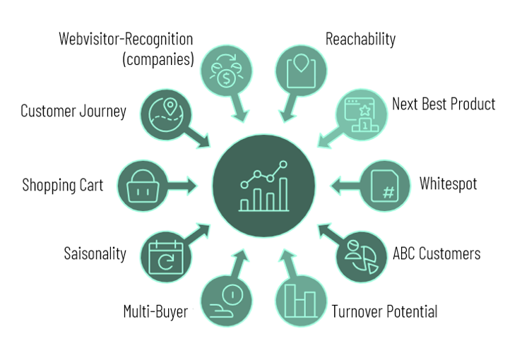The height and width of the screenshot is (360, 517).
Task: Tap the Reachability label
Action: (360, 39)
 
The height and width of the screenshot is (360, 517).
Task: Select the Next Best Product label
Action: (444, 104)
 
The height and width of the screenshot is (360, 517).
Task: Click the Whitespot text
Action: (448, 184)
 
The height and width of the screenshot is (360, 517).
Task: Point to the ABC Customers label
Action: (436, 253)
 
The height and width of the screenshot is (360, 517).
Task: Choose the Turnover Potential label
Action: (384, 311)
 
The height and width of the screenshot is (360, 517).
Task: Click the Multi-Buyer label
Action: (155, 311)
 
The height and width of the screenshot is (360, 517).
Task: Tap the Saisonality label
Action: (95, 253)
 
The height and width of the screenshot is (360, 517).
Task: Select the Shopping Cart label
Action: (63, 186)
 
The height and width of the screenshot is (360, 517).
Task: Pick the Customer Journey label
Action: (73, 111)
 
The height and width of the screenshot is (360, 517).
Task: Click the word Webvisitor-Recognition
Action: (126, 38)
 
